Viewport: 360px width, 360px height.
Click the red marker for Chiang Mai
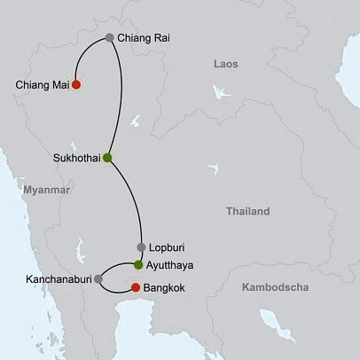coord(76,85)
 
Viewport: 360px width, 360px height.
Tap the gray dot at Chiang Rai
coord(109,38)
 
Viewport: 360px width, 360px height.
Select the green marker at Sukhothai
coord(107,158)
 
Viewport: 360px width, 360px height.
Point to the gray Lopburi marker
coord(140,247)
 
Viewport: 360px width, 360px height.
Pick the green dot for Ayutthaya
coord(138,264)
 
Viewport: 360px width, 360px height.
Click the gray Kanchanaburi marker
coord(98,278)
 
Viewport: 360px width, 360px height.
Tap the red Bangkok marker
coord(135,287)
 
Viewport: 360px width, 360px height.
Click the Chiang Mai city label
coord(41,85)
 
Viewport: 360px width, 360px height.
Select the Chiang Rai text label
coord(144,38)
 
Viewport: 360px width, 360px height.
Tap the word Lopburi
coord(168,247)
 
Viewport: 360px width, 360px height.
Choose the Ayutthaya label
coord(172,264)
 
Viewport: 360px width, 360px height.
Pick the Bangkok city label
coord(167,288)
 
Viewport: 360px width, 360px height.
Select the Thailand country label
coord(247,211)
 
